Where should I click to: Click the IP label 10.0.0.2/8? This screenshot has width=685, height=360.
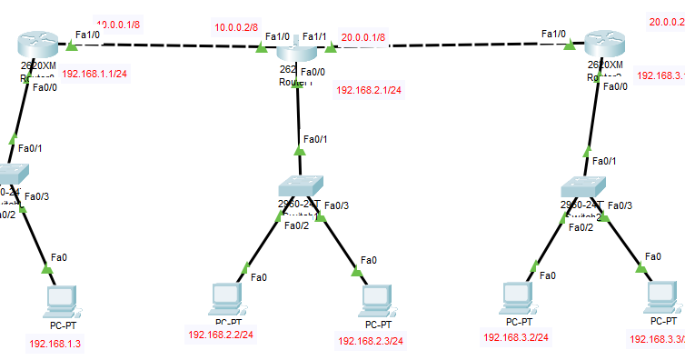[236, 27]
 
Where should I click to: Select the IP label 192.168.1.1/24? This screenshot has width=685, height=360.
[94, 74]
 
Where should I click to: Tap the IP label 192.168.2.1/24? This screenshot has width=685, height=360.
[369, 90]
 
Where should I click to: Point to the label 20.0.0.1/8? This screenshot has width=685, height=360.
[363, 38]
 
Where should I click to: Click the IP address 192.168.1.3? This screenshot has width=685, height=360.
[55, 344]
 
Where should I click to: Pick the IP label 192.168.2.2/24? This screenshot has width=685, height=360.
[220, 335]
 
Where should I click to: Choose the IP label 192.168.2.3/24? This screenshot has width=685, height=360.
[370, 341]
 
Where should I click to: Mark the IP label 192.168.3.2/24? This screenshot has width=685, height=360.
[516, 336]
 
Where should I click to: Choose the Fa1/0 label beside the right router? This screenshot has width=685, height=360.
[553, 34]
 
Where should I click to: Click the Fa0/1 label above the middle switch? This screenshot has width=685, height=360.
[315, 139]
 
